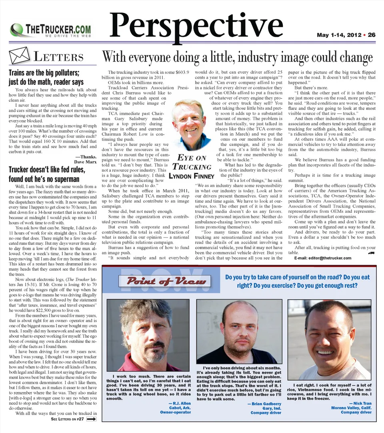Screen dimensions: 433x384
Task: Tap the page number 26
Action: [x=372, y=35]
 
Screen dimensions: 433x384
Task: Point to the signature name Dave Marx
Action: [x=85, y=162]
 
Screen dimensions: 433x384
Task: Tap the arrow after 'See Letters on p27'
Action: [x=92, y=419]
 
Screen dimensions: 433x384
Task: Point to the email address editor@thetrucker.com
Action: [x=323, y=258]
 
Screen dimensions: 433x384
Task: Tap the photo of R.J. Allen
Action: [x=148, y=335]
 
